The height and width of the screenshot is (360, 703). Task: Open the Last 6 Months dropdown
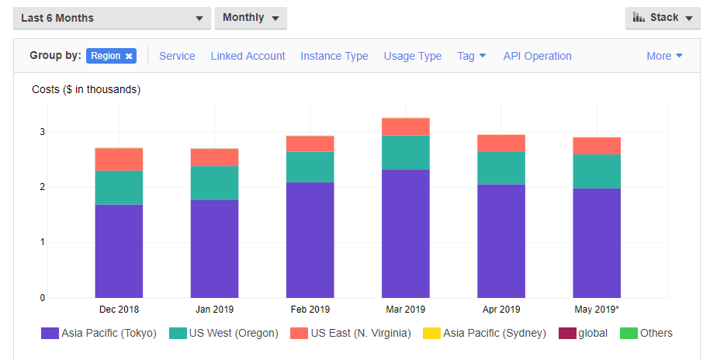[x=112, y=18]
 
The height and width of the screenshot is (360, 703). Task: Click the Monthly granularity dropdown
[x=251, y=18]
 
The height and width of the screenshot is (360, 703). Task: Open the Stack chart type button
[x=662, y=18]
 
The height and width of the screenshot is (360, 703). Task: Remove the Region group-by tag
[x=129, y=56]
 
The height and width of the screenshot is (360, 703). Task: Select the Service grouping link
[x=177, y=56]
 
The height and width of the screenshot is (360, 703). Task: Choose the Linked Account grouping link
[x=248, y=56]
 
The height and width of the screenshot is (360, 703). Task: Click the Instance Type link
[x=334, y=56]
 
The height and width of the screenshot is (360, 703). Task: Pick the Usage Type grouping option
[x=413, y=56]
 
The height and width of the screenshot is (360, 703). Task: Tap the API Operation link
[x=537, y=56]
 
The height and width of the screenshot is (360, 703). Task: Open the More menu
[x=664, y=56]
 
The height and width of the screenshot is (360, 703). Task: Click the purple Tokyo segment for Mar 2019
[x=406, y=233]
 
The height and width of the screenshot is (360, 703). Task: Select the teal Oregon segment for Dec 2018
[x=119, y=187]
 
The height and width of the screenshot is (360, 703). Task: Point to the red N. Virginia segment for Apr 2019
[x=501, y=143]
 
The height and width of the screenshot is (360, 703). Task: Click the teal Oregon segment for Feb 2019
[x=310, y=167]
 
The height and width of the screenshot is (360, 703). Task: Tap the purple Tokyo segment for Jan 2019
[x=214, y=248]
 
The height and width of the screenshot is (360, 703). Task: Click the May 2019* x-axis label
[x=597, y=309]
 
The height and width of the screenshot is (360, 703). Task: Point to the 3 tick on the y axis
[x=43, y=132]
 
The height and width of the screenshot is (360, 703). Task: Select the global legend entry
[x=592, y=333]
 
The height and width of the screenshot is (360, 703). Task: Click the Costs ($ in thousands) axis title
[x=86, y=89]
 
